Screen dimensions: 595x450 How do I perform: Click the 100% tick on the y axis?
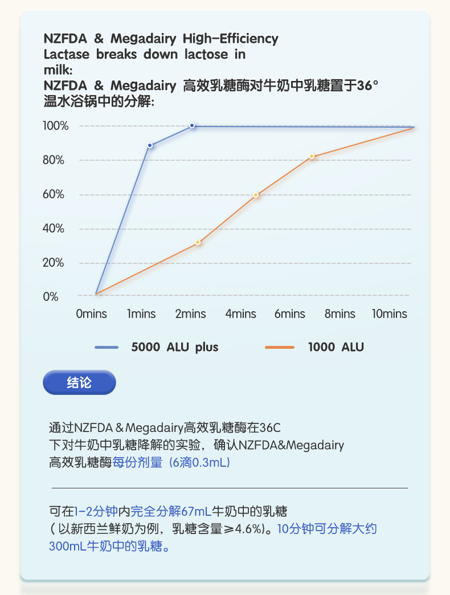pyautogui.click(x=56, y=126)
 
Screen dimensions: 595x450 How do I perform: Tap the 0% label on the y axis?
pyautogui.click(x=51, y=296)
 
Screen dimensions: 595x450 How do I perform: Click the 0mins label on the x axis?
pyautogui.click(x=92, y=314)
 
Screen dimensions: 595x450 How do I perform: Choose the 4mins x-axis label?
pyautogui.click(x=240, y=314)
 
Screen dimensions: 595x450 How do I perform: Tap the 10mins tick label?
pyautogui.click(x=390, y=314)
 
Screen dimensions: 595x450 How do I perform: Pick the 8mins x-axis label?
pyautogui.click(x=340, y=314)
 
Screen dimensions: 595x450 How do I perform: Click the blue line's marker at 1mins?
pyautogui.click(x=150, y=145)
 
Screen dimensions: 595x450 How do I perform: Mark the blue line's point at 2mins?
pyautogui.click(x=192, y=125)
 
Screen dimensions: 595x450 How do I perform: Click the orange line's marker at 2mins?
pyautogui.click(x=198, y=242)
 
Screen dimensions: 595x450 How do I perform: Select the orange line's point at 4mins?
pyautogui.click(x=256, y=195)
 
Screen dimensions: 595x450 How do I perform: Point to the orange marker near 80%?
pyautogui.click(x=312, y=156)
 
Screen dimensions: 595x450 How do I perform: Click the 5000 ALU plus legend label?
pyautogui.click(x=175, y=347)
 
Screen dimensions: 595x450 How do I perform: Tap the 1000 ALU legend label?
pyautogui.click(x=336, y=347)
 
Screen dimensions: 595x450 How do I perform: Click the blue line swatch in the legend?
pyautogui.click(x=107, y=347)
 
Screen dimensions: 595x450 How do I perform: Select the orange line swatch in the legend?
pyautogui.click(x=280, y=347)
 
